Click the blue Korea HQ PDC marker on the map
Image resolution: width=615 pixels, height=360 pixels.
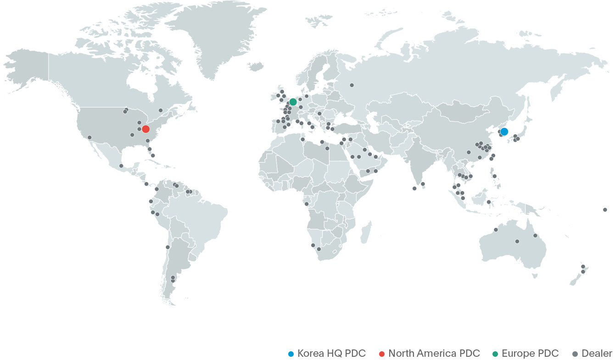coord(504,131)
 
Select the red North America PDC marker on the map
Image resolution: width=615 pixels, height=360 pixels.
coord(145,129)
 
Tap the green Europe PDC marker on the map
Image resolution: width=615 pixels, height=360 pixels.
coord(293,101)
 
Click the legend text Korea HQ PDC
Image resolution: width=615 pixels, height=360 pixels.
coord(331,353)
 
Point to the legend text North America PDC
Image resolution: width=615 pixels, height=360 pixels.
coord(434,353)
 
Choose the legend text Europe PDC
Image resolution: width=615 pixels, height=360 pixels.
coord(530,353)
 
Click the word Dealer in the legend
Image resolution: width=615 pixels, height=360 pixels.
coord(597,353)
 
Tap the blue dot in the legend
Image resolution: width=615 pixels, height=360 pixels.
coord(291,354)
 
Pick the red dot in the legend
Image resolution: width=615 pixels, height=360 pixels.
coord(381,354)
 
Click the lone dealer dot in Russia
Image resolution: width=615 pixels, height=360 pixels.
coord(352,85)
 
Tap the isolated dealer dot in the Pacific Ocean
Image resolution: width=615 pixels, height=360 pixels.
coord(605,210)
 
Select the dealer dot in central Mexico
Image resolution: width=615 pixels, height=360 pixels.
coord(121,166)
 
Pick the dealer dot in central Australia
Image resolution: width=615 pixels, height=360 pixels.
coord(517,241)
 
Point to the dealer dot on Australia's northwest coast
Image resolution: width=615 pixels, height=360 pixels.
coord(496,230)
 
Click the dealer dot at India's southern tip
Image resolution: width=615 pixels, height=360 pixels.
coord(414,188)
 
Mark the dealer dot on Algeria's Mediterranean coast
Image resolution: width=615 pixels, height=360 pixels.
coord(303,139)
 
